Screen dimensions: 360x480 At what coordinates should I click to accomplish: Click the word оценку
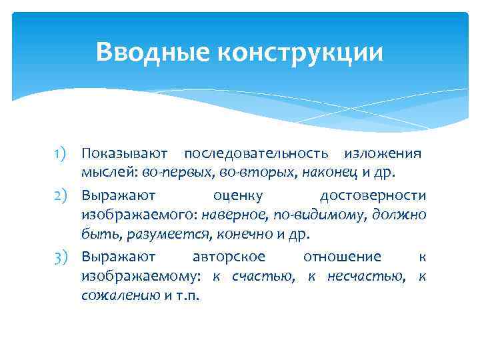[x=238, y=195]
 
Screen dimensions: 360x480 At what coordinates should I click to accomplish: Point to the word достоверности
[x=373, y=195]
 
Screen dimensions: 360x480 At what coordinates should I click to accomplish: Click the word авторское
[x=229, y=257]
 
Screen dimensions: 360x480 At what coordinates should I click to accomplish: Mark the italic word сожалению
[x=121, y=295]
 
